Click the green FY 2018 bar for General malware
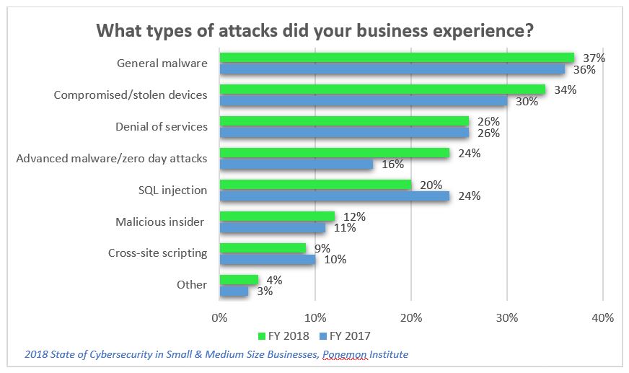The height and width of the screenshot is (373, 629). pyautogui.click(x=397, y=58)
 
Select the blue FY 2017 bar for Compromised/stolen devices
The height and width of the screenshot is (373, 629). pyautogui.click(x=363, y=101)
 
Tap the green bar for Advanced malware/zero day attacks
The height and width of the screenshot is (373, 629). pyautogui.click(x=334, y=153)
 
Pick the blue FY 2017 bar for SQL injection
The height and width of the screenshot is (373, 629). pyautogui.click(x=334, y=196)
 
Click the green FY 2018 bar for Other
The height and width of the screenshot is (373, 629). pyautogui.click(x=238, y=279)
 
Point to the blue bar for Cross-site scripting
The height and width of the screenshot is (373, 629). pyautogui.click(x=267, y=259)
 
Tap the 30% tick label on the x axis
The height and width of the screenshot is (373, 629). pyautogui.click(x=507, y=317)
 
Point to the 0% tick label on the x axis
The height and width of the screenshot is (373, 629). pyautogui.click(x=219, y=317)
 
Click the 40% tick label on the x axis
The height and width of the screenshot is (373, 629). pyautogui.click(x=602, y=317)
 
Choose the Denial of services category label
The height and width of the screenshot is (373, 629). pyautogui.click(x=162, y=126)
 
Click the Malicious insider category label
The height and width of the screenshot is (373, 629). pyautogui.click(x=160, y=221)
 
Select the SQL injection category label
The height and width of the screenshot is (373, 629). pyautogui.click(x=174, y=190)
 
